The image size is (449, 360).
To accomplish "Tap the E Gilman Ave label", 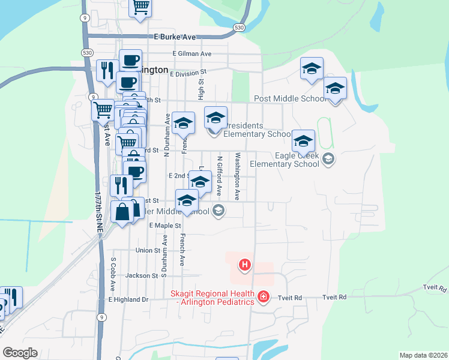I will [x=191, y=53].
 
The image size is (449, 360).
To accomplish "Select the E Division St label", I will [x=188, y=74].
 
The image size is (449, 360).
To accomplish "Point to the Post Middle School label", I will [x=291, y=98].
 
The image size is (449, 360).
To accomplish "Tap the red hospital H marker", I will [x=244, y=264].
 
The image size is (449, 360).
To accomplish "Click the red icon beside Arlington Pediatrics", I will [x=263, y=297].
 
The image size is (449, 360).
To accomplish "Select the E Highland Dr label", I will [x=128, y=299].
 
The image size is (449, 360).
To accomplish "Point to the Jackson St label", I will [x=142, y=276].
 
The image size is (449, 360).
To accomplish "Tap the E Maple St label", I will [x=165, y=225].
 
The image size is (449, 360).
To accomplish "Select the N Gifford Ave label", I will [x=220, y=177].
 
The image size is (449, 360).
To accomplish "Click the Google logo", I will [x=19, y=352].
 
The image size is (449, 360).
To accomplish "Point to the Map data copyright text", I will [x=423, y=355].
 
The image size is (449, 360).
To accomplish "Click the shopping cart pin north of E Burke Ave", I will [x=140, y=7].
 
